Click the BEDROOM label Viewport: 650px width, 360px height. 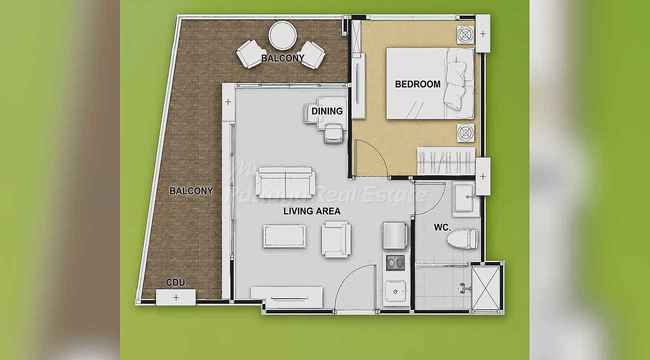[417, 84]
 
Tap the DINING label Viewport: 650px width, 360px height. [327, 111]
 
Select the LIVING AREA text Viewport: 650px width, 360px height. [312, 211]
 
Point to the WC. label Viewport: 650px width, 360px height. [442, 227]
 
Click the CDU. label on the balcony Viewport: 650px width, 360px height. [176, 282]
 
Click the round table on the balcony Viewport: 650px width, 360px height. [282, 35]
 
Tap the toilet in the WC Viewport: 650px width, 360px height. [462, 238]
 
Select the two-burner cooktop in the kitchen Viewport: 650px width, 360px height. [395, 263]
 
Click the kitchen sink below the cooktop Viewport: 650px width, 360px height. [395, 291]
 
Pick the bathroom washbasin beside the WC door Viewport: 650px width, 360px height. [463, 198]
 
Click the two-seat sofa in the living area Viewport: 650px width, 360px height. [285, 182]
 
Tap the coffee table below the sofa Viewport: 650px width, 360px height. [284, 236]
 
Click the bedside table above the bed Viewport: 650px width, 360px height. [465, 35]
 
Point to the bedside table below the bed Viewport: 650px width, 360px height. [465, 133]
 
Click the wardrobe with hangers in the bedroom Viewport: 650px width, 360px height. [446, 161]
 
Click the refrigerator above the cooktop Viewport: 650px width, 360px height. [395, 235]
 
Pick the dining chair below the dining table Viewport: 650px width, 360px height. [333, 133]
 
